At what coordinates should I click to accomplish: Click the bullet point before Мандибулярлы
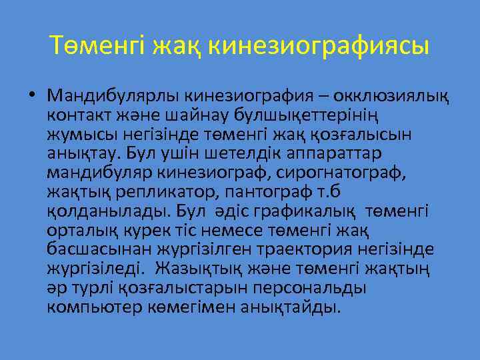pos(33,97)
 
